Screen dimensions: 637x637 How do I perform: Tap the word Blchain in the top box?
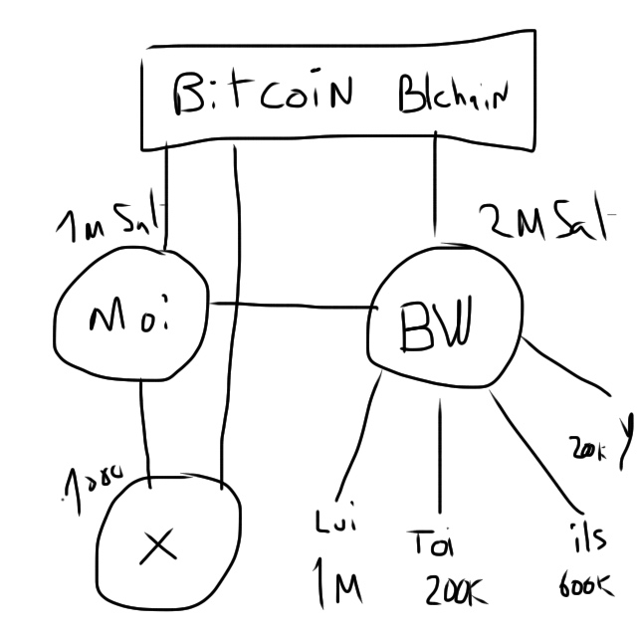click(x=452, y=97)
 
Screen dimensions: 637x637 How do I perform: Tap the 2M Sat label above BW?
click(x=542, y=221)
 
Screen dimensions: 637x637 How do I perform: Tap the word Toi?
click(x=430, y=544)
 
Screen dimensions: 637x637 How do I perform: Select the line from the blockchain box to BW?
click(x=436, y=189)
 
